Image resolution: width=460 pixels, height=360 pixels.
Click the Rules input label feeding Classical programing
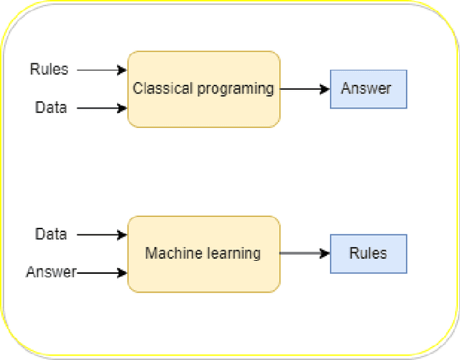tap(49, 70)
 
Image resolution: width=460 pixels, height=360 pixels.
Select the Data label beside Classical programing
tap(51, 108)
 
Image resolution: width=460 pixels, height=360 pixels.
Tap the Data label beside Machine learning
tap(51, 234)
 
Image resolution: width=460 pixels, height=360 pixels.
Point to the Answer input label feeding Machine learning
tap(51, 272)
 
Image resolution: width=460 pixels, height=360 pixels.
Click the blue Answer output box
tap(368, 89)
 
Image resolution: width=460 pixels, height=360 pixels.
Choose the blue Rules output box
tap(368, 254)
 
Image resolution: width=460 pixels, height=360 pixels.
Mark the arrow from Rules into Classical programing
tap(101, 70)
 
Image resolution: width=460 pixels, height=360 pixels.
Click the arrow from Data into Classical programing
tap(101, 109)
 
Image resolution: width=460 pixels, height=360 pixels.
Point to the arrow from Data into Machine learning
tap(101, 235)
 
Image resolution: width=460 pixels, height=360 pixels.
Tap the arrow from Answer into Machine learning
tap(102, 273)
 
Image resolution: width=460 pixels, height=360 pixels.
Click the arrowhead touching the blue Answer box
tap(326, 89)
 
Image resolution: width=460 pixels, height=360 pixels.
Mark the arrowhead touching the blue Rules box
tap(326, 254)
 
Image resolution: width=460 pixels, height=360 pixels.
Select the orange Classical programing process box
tap(203, 108)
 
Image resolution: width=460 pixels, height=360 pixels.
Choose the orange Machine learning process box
tap(203, 273)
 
